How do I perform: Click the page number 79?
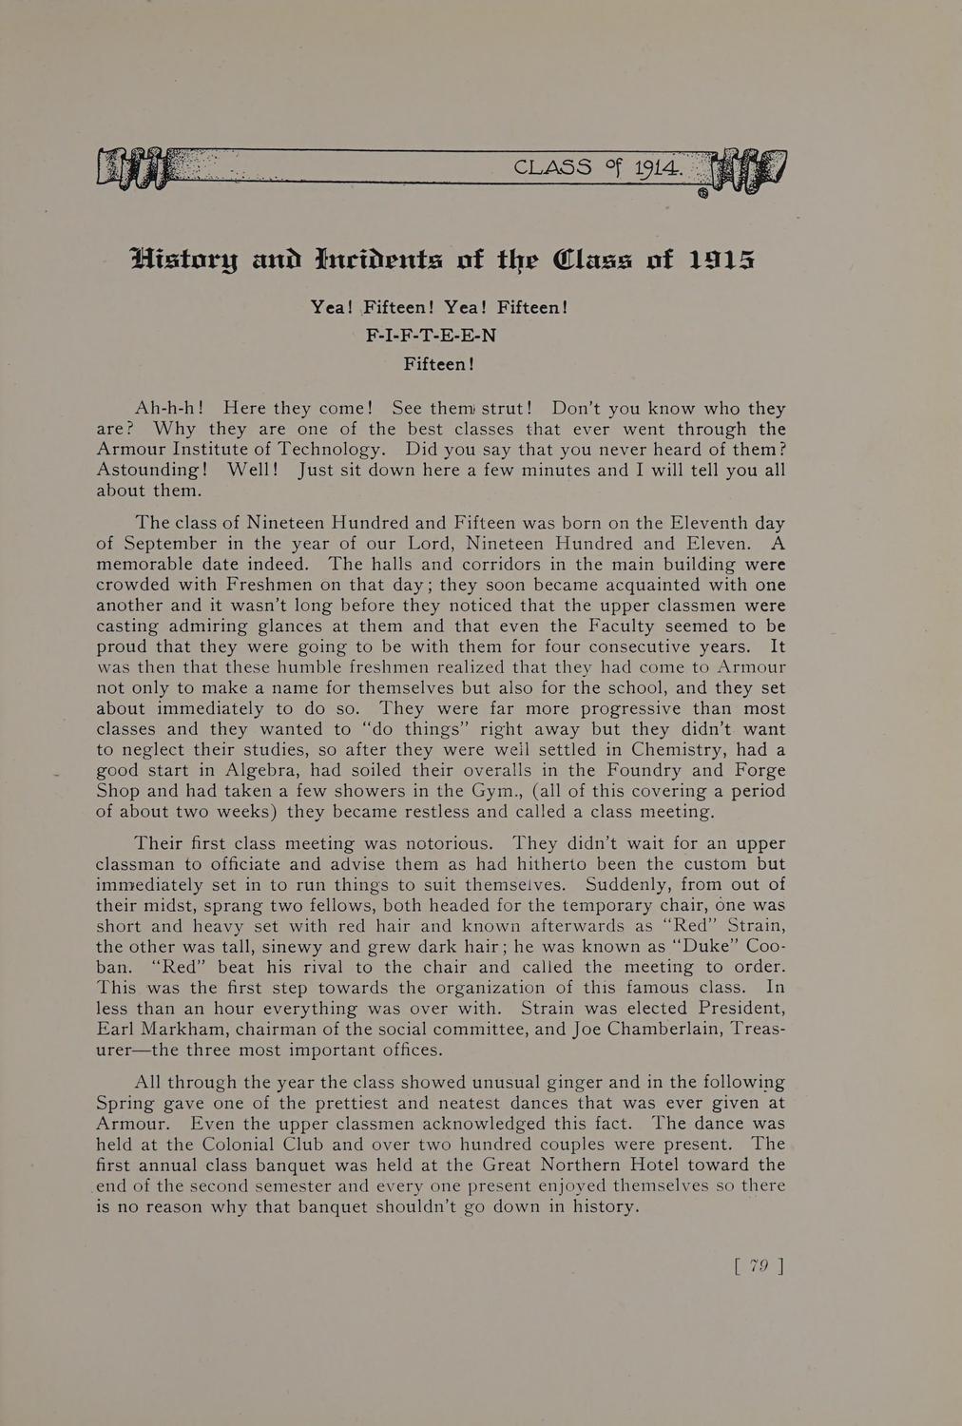[x=758, y=1265]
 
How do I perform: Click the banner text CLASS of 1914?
[x=598, y=167]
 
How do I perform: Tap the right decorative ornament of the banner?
[x=749, y=169]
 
